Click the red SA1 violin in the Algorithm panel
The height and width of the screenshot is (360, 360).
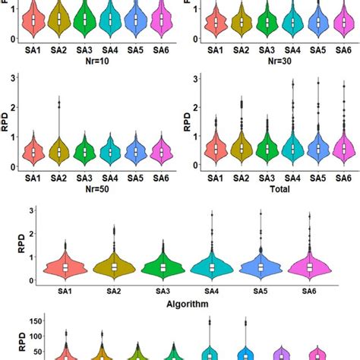pyautogui.click(x=66, y=267)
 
